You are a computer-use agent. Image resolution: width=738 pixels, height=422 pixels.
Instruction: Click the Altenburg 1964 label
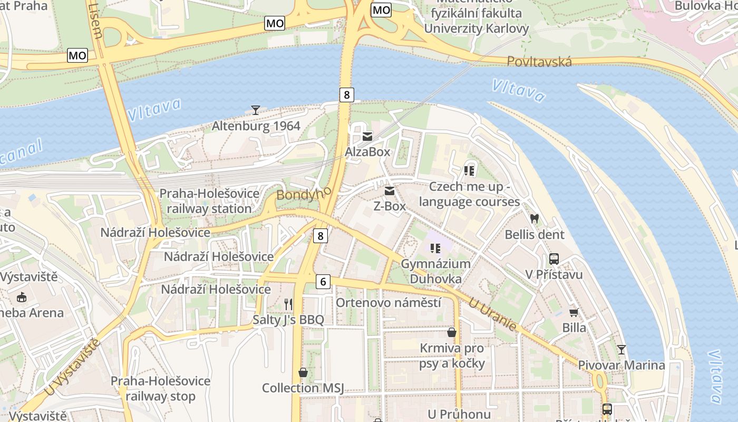point(256,126)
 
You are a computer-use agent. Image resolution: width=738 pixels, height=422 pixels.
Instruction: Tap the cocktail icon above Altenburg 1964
point(256,110)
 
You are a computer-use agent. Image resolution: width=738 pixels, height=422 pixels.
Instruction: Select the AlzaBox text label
point(367,152)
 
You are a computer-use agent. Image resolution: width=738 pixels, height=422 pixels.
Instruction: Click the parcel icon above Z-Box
point(390,191)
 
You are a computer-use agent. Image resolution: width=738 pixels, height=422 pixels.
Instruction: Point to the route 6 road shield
point(323,282)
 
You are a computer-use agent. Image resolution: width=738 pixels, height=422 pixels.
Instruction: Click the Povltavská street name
point(539,62)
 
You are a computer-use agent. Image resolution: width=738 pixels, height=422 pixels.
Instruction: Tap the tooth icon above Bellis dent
point(535,218)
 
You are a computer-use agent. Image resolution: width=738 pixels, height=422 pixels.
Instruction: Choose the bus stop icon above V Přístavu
point(553,259)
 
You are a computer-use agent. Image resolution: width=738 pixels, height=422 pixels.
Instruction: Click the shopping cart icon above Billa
point(574,312)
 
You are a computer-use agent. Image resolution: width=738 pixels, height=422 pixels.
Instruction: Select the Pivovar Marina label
point(622,365)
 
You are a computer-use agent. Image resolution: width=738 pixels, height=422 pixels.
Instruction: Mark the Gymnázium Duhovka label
point(435,271)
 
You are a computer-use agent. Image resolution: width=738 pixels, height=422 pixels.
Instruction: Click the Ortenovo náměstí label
point(388,303)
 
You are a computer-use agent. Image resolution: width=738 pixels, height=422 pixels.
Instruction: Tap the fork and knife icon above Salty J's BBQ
point(288,304)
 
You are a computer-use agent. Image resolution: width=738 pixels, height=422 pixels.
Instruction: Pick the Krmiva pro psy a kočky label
point(452,356)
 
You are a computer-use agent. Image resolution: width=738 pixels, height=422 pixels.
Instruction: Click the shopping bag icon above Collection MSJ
point(303,372)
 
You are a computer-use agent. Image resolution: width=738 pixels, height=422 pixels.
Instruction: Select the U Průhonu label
point(455,414)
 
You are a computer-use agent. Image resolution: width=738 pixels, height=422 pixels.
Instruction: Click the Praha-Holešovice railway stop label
point(160,388)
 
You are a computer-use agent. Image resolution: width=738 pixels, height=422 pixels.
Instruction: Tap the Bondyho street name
point(304,194)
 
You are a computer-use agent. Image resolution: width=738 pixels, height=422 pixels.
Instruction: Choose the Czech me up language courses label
point(469,194)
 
